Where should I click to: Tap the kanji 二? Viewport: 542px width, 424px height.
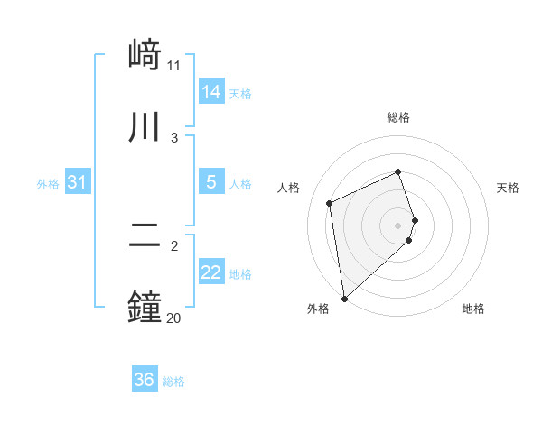click(x=145, y=236)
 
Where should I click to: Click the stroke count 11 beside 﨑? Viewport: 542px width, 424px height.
click(x=174, y=65)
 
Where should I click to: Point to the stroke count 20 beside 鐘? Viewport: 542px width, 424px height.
click(x=174, y=317)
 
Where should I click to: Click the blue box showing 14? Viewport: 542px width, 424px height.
click(x=211, y=92)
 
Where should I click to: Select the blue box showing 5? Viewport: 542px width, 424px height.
click(x=211, y=182)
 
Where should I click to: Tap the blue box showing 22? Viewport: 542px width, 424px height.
click(x=211, y=273)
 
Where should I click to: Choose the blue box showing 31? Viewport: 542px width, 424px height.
click(x=78, y=182)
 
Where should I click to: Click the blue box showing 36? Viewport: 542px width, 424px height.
click(x=145, y=380)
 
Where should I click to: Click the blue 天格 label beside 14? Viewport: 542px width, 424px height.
click(x=240, y=94)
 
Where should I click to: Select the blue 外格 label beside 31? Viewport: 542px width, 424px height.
click(x=48, y=184)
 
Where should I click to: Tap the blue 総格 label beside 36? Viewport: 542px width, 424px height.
click(x=173, y=382)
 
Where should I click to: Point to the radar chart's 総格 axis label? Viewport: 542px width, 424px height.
click(x=398, y=117)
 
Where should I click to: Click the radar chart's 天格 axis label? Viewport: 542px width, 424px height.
click(x=508, y=188)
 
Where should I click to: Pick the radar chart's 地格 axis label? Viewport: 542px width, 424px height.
click(x=473, y=309)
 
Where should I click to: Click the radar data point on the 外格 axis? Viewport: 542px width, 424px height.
click(x=343, y=298)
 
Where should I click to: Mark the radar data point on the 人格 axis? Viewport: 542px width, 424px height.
click(x=330, y=203)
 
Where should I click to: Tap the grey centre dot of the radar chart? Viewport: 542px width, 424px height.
click(x=398, y=225)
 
